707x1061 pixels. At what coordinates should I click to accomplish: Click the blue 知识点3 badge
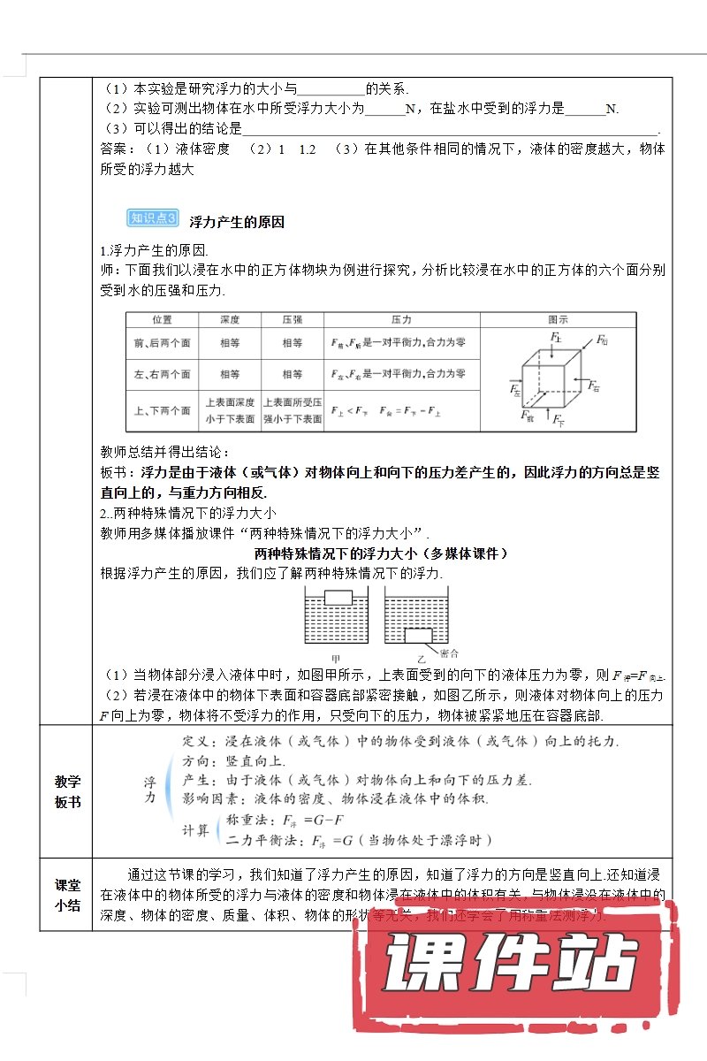coord(154,219)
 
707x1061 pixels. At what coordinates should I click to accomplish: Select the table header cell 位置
coord(163,319)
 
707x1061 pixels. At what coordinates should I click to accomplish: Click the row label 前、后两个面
coord(163,343)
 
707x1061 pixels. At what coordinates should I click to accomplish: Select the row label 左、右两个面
coord(163,374)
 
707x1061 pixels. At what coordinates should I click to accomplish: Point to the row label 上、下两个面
coord(163,410)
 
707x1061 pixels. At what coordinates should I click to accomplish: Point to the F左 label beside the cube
coord(516,387)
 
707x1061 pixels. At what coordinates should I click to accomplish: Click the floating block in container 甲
coord(338,597)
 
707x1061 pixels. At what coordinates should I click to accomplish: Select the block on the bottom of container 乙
coord(418,635)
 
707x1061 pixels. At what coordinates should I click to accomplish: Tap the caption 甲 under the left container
coord(335,659)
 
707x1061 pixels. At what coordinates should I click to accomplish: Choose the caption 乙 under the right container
coord(422,659)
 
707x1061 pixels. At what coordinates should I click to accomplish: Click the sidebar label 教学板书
coord(67,791)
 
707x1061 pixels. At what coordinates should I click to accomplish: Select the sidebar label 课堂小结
coord(67,894)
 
